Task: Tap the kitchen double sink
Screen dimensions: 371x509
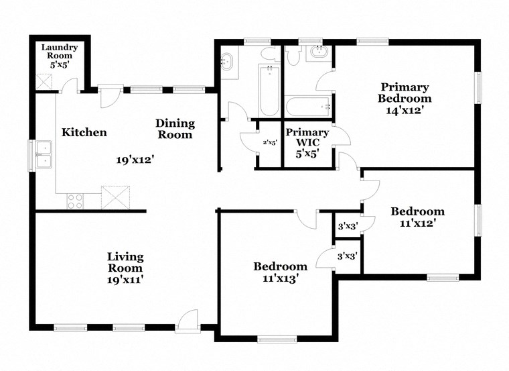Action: coord(44,154)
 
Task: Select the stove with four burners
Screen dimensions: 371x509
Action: coord(75,201)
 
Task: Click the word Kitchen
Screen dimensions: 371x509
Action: coord(84,132)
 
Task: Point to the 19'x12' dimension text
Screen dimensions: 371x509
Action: coord(135,160)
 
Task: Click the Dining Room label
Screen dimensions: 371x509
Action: coord(175,129)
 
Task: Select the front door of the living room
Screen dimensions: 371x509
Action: coord(188,321)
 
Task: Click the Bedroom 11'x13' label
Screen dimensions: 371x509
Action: coord(280,272)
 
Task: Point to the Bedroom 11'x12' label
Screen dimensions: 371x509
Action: coord(417,217)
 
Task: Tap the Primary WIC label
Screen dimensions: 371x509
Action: coord(307,138)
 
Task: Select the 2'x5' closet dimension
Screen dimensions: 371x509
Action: coord(270,142)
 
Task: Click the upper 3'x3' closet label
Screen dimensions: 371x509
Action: coord(347,227)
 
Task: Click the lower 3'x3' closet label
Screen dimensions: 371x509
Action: coord(347,256)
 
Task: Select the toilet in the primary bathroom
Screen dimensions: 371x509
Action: coord(293,56)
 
